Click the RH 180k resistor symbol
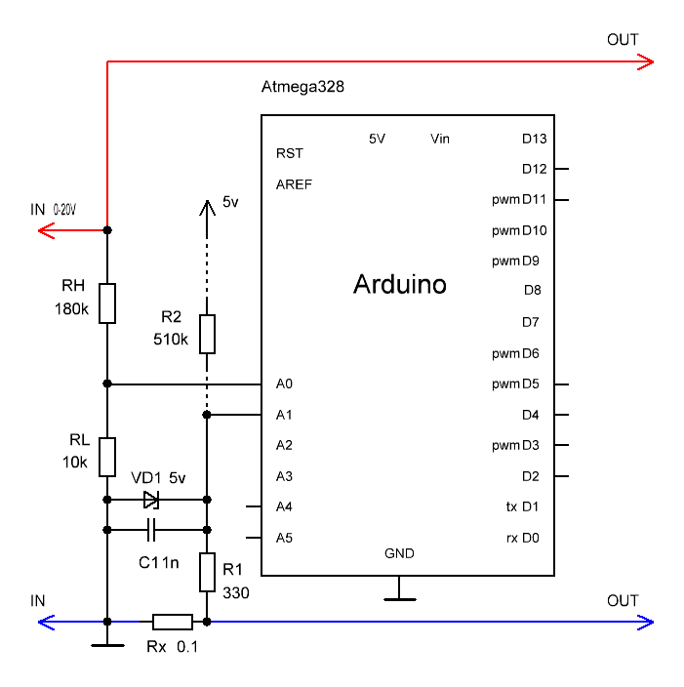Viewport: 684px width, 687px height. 107,303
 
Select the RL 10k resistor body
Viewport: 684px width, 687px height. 107,457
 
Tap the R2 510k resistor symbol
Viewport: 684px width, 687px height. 207,334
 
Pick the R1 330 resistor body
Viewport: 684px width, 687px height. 207,572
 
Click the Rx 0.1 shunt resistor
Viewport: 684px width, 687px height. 173,622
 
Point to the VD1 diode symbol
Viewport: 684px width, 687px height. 151,500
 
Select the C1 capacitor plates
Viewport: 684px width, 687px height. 151,530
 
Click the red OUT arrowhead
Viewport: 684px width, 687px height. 646,61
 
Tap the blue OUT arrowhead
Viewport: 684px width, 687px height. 646,623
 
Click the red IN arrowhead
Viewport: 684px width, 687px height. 46,230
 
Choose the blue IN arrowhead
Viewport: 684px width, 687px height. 46,623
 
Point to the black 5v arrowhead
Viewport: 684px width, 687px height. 207,208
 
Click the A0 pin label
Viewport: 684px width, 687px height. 284,384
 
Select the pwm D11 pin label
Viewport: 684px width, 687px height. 519,199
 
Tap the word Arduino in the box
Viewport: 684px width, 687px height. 400,284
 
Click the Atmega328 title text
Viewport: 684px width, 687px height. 302,86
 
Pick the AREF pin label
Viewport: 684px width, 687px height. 294,184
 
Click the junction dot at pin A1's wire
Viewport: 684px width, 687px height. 207,415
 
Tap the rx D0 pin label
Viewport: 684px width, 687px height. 523,538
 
